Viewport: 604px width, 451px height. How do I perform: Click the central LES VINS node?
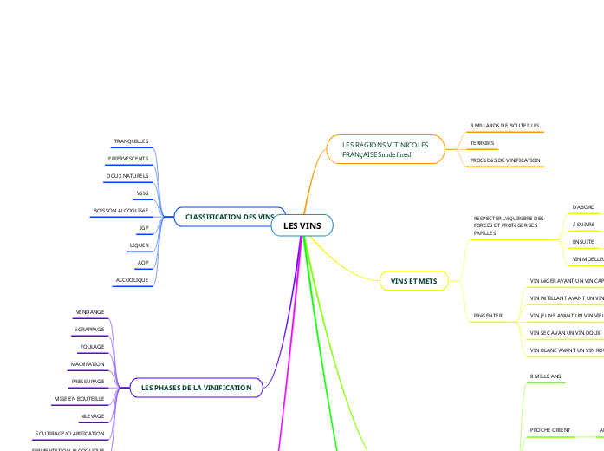302,226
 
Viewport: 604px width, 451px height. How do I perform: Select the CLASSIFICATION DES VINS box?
224,217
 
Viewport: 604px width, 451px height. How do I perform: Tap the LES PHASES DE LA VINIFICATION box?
196,388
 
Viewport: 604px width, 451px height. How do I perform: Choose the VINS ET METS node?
414,281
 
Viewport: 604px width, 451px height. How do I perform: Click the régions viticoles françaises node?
385,149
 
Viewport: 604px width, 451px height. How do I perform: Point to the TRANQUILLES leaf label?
132,141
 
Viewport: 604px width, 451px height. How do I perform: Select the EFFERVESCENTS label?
128,159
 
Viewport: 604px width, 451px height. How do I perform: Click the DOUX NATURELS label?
127,176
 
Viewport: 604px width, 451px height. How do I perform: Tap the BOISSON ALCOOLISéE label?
121,211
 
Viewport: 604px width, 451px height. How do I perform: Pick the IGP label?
144,228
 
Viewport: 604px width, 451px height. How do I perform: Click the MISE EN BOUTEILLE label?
80,398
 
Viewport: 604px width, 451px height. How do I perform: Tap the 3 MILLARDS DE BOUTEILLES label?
505,126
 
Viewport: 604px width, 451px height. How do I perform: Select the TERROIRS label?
483,143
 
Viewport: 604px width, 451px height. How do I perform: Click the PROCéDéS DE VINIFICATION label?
505,160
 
